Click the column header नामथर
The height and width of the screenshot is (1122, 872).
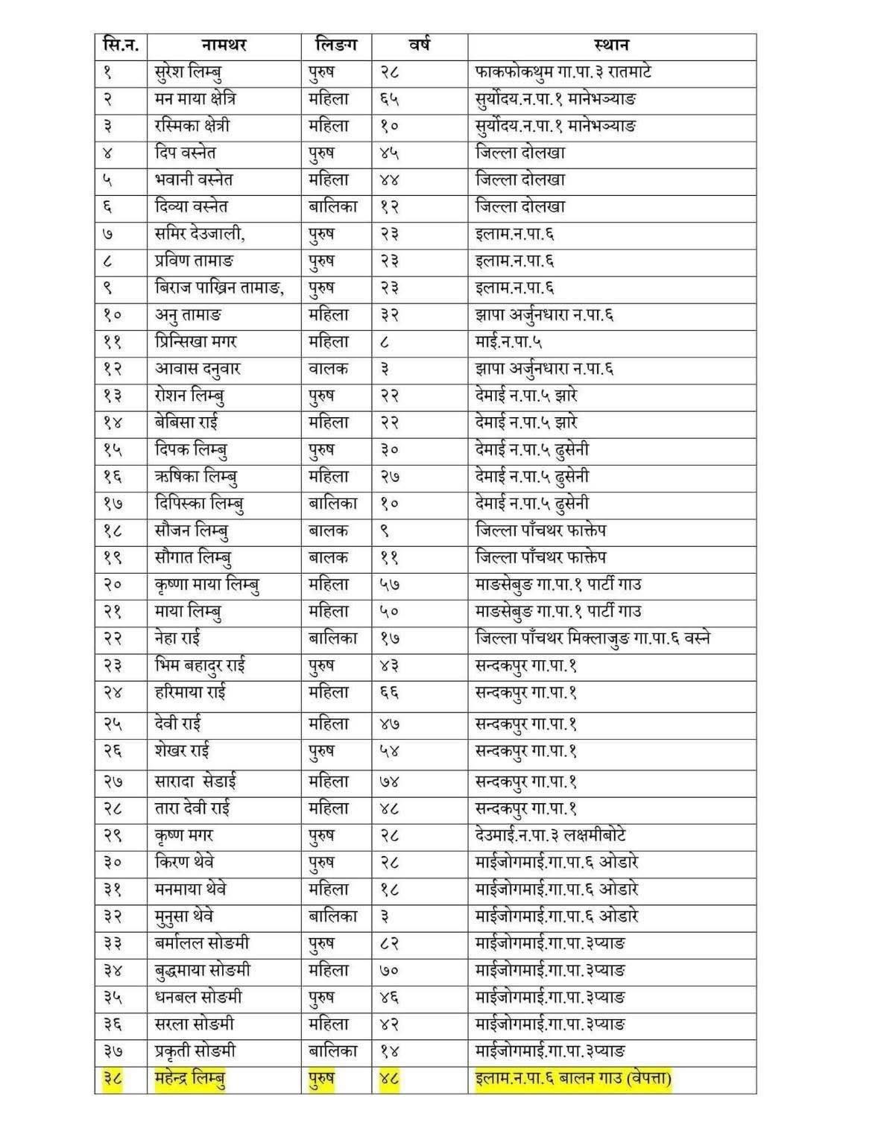pyautogui.click(x=224, y=45)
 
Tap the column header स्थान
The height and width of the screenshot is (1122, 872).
pyautogui.click(x=612, y=45)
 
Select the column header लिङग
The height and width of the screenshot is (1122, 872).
pyautogui.click(x=336, y=45)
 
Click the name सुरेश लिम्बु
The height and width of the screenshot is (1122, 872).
pyautogui.click(x=188, y=73)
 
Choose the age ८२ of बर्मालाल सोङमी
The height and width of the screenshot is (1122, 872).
pyautogui.click(x=389, y=944)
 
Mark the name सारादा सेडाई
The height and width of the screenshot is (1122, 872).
pyautogui.click(x=197, y=782)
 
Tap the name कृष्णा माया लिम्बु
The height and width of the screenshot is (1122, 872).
pyautogui.click(x=208, y=585)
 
